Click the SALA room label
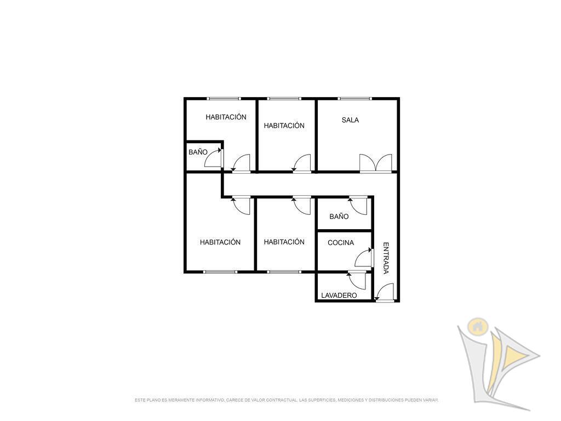[350, 120]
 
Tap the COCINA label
[341, 243]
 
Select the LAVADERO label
[339, 295]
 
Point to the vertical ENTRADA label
[386, 258]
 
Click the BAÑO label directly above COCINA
[339, 216]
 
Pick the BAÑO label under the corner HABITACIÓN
[198, 152]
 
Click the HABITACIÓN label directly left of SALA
[284, 126]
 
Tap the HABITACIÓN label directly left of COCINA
[284, 242]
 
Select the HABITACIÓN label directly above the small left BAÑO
[226, 117]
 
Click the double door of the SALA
[376, 163]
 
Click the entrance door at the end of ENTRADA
[384, 292]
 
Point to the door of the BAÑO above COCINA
[358, 206]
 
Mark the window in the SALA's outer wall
[355, 99]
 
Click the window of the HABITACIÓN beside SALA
[284, 99]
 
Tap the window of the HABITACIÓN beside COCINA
[284, 272]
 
